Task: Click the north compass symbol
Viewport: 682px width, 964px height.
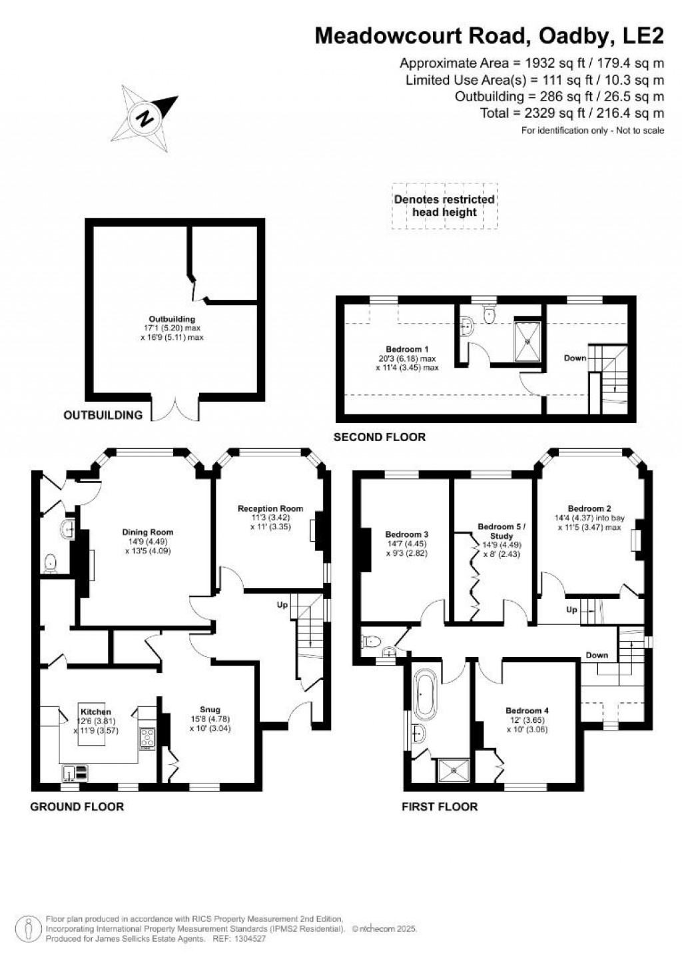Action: pos(146,119)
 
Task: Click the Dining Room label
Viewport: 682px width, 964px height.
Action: pos(148,532)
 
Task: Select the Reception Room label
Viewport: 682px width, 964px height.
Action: pos(270,508)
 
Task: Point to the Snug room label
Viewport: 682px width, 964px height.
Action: pos(209,710)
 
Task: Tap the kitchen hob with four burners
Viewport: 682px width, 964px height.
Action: pos(148,737)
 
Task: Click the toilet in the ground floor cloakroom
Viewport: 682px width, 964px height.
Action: pos(52,564)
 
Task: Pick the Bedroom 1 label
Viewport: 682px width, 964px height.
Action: pos(407,349)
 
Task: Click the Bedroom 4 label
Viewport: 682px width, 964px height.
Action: pos(527,711)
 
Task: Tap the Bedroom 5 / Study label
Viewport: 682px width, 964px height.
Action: pos(502,531)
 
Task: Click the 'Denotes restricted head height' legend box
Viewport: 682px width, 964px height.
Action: pos(444,205)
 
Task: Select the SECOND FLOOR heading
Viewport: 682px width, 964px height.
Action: pos(379,437)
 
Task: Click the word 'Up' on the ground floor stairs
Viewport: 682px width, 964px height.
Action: pos(282,604)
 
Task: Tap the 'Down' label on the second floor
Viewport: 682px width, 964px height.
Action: pos(575,358)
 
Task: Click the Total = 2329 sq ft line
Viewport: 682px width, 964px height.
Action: pos(572,113)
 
